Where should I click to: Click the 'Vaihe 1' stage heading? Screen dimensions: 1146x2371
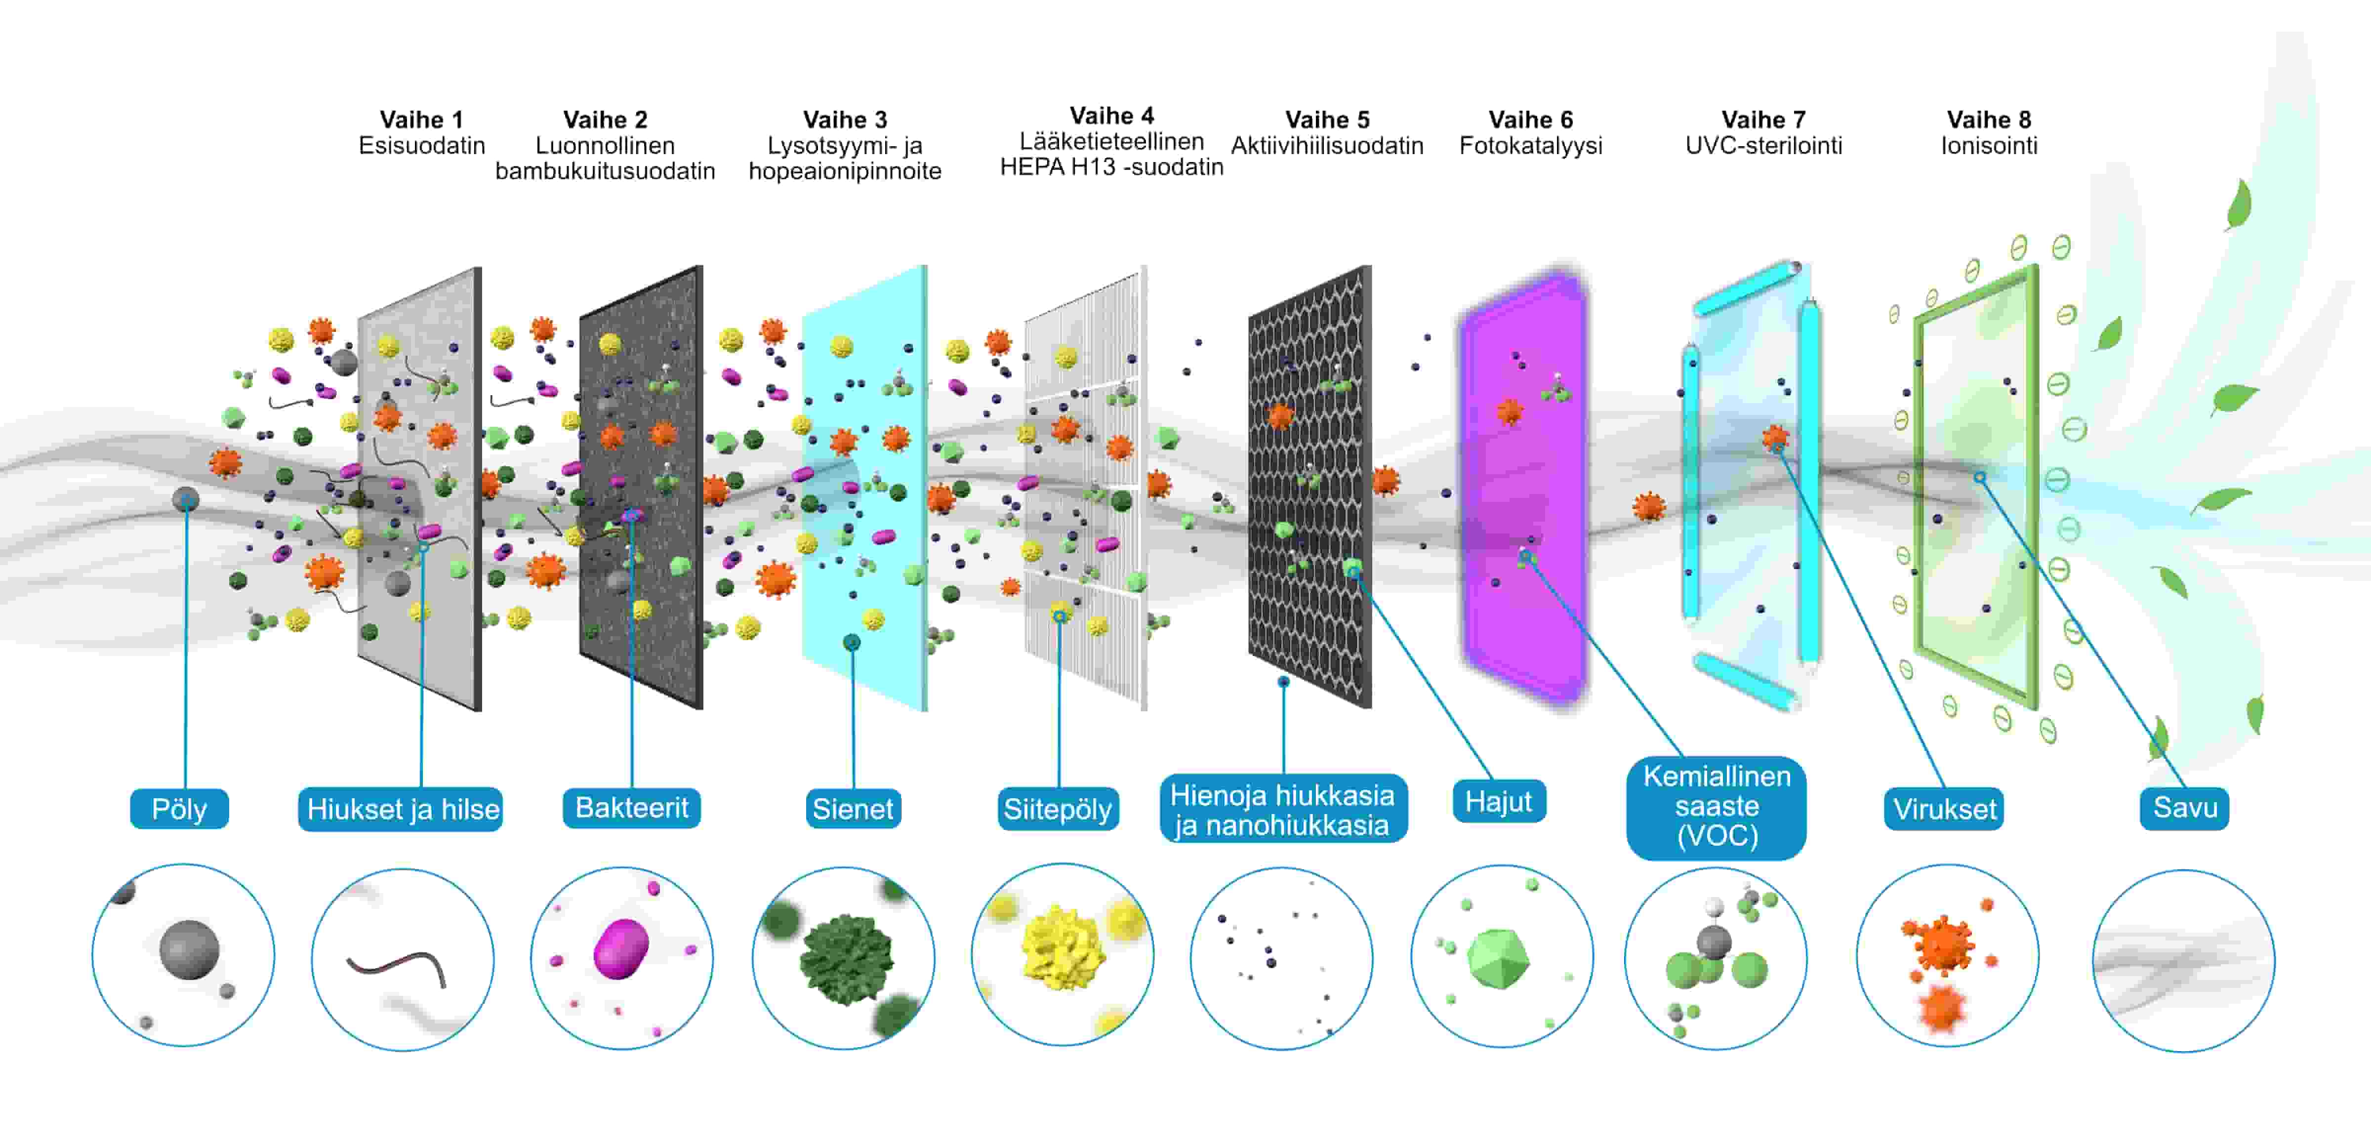pos(421,120)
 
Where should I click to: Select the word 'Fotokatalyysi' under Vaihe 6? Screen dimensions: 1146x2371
pos(1531,145)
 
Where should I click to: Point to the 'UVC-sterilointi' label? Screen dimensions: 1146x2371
pos(1762,145)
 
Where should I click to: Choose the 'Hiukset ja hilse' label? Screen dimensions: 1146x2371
pos(401,809)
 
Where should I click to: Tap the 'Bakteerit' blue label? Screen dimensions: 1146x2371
pos(631,808)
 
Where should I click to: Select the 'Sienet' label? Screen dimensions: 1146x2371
pos(852,809)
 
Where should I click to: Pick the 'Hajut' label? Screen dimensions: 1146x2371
pos(1499,802)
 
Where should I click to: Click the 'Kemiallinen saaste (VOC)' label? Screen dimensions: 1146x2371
pos(1717,806)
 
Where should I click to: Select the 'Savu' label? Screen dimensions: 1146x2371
pos(2184,808)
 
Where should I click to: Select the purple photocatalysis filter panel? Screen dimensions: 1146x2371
pos(1523,488)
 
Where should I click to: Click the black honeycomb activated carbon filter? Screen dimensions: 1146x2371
pos(1309,488)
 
